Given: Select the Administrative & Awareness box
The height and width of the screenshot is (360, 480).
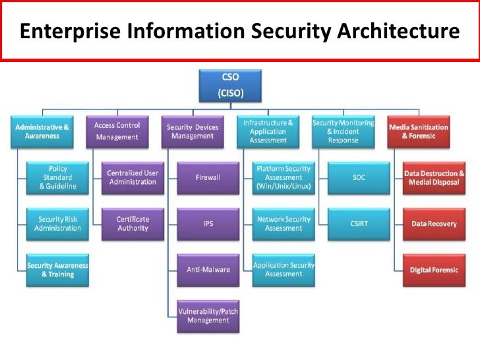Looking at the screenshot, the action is (43, 131).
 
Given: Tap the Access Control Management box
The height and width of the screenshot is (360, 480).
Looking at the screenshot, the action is (117, 131).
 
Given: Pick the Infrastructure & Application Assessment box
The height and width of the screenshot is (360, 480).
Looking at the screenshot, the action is (268, 131).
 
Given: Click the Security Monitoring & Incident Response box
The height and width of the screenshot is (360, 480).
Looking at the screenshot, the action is (343, 131).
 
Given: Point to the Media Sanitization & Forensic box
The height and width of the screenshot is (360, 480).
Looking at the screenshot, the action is (419, 131).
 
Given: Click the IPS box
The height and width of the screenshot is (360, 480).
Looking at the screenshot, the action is (208, 224).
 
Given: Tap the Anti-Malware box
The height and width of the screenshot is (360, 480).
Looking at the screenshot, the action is (208, 269).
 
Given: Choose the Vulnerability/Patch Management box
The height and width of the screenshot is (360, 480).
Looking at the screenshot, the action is (208, 315).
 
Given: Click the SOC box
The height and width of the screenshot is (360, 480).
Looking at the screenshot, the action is (358, 177).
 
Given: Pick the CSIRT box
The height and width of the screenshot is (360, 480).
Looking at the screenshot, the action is (358, 224).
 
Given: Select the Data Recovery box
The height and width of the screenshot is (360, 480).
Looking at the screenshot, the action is (434, 224).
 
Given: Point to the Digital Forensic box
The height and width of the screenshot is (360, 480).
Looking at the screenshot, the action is (434, 269).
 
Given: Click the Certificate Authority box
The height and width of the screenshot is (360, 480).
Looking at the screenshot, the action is (133, 224).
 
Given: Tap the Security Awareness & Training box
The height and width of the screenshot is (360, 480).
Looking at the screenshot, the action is (57, 269).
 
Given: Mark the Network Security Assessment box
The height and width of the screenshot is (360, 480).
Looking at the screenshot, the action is (284, 224).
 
